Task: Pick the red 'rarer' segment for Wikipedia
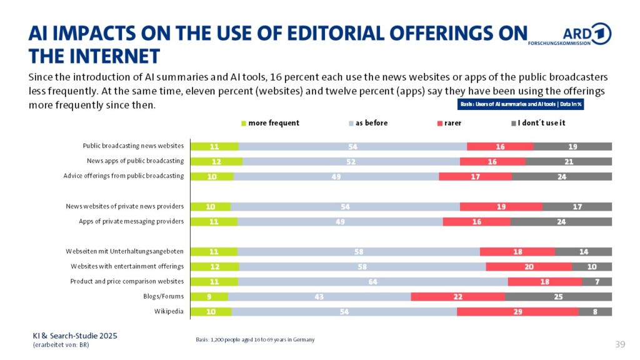[x=517, y=311]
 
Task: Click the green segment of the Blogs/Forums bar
[x=209, y=296]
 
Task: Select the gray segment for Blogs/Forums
[x=558, y=296]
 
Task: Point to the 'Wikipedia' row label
[x=169, y=311]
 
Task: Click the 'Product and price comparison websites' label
[x=127, y=281]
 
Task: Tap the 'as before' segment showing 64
[x=372, y=281]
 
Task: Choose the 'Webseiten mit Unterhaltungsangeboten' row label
[x=124, y=251]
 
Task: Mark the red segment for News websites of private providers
[x=501, y=206]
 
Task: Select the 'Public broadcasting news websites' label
[x=133, y=146]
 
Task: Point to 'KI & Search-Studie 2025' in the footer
[x=75, y=336]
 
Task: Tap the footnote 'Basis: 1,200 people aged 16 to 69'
[x=255, y=339]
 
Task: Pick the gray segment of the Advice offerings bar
[x=561, y=176]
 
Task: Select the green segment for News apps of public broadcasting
[x=216, y=161]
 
